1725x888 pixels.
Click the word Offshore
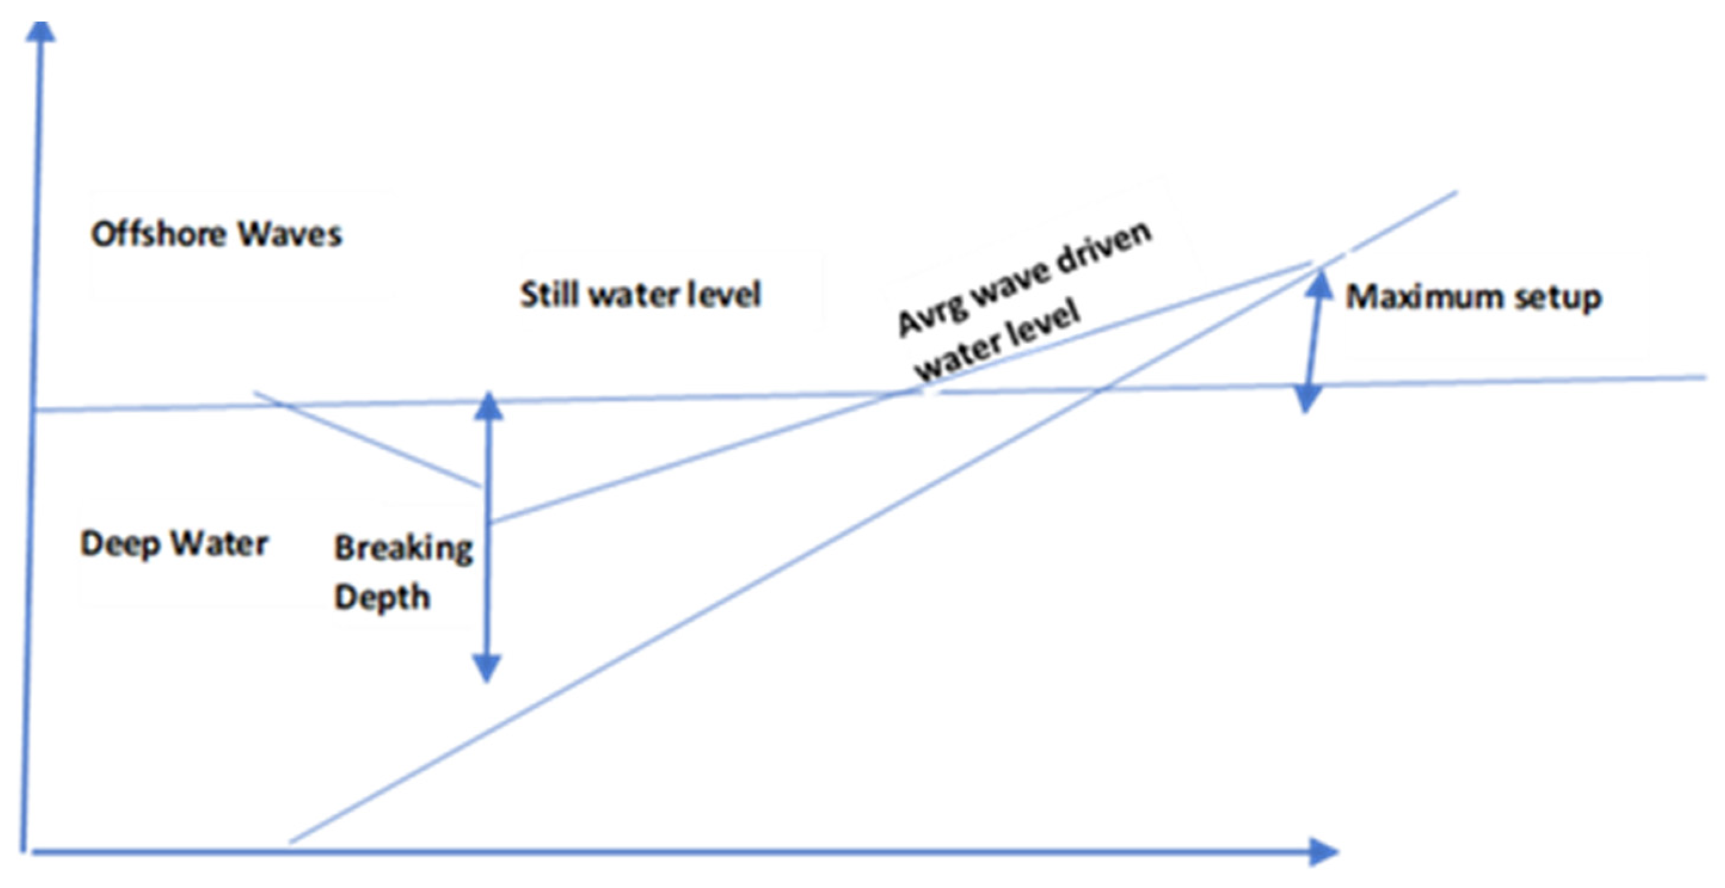159,234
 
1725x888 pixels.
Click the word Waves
290,234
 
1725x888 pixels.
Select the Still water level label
641,294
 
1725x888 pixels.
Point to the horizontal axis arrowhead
1322,851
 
